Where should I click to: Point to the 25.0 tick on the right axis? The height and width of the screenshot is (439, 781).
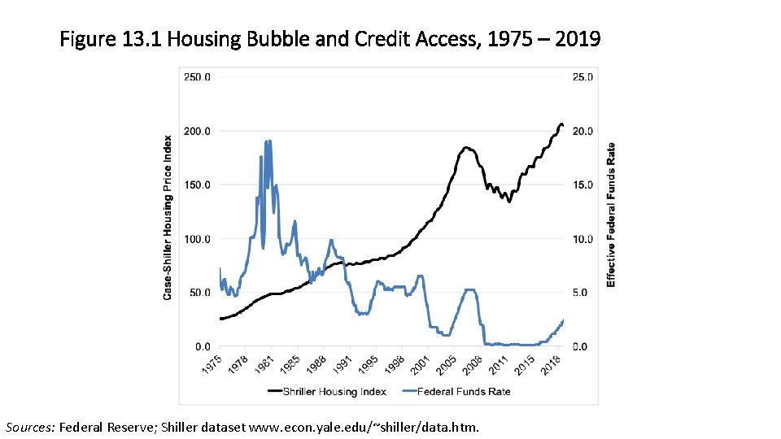pyautogui.click(x=581, y=77)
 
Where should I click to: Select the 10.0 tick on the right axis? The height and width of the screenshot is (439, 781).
pyautogui.click(x=581, y=239)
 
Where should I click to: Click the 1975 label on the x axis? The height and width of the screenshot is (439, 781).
pyautogui.click(x=211, y=366)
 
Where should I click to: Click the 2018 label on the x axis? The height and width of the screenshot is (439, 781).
pyautogui.click(x=552, y=366)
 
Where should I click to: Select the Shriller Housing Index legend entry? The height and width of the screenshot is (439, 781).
pyautogui.click(x=325, y=392)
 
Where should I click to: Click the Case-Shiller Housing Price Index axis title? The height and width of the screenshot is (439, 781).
pyautogui.click(x=168, y=217)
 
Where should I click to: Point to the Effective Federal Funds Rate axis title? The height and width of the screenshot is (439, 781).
pyautogui.click(x=611, y=215)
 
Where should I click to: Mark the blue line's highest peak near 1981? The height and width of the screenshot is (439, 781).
pyautogui.click(x=268, y=141)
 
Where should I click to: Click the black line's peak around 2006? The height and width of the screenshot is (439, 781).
pyautogui.click(x=466, y=148)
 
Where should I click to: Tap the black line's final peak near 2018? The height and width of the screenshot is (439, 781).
pyautogui.click(x=560, y=124)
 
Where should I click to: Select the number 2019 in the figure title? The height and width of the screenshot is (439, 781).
pyautogui.click(x=577, y=38)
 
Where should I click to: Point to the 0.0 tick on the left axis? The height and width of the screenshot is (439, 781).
pyautogui.click(x=200, y=346)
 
